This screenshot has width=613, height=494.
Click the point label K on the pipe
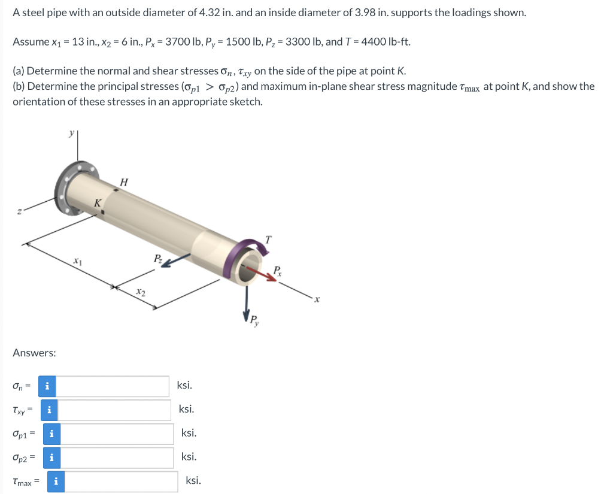tap(98, 203)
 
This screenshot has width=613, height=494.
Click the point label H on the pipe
tap(124, 182)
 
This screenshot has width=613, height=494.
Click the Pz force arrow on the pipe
tap(175, 260)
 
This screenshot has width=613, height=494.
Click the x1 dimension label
tap(78, 261)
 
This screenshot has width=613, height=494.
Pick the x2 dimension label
tap(141, 292)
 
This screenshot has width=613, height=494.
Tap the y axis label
tap(72, 134)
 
